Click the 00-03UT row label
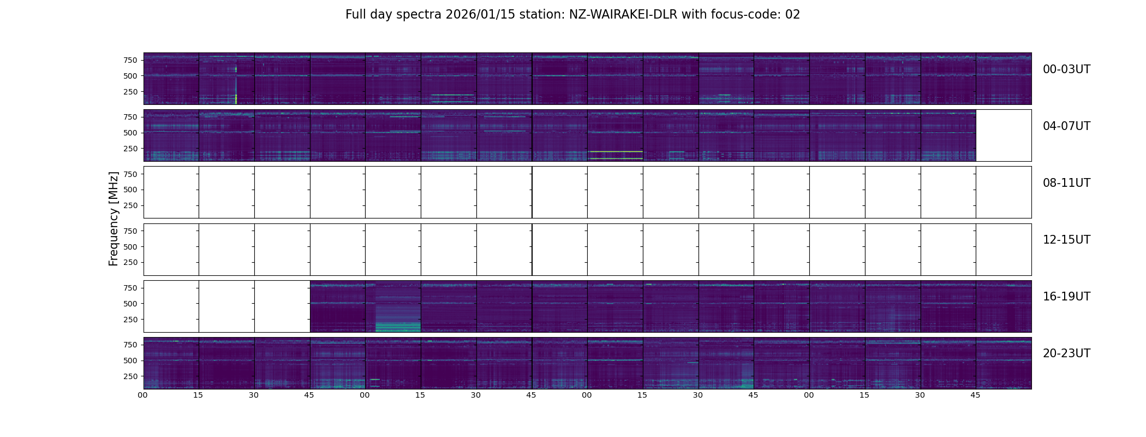1066,69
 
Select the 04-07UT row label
1066,126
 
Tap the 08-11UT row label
1066,183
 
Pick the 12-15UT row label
1066,240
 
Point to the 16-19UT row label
1066,297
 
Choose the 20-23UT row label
1066,353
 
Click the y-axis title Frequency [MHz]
114,218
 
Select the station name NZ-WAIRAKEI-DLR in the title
623,15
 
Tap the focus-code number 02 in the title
792,15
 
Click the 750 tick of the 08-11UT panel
130,174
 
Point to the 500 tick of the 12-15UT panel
130,247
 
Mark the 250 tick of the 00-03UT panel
130,92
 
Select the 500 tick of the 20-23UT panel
130,361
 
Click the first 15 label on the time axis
198,395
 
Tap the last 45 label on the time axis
975,395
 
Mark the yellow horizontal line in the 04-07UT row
615,158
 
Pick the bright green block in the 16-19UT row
398,327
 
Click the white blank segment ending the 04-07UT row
1003,135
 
